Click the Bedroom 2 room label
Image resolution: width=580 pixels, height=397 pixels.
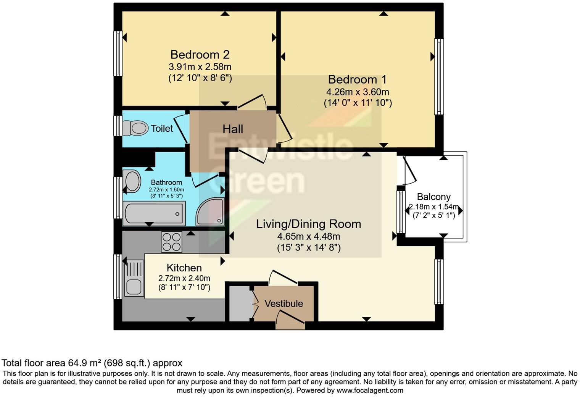pos(200,55)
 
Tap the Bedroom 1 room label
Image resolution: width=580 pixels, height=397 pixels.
pos(357,79)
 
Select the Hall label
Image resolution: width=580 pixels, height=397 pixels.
pos(233,129)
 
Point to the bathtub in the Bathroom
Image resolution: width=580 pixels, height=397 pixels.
pos(154,214)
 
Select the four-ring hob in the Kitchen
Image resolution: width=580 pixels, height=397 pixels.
pos(171,242)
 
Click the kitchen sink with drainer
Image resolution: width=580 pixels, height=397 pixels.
pos(134,278)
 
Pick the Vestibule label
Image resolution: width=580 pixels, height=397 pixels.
pos(284,303)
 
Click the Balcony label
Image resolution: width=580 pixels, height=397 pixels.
pos(433,197)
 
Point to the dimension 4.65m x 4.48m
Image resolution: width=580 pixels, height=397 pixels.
pos(309,236)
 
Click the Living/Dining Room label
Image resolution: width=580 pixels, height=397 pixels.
pos(308,224)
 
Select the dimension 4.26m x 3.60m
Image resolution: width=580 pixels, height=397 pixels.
pos(358,92)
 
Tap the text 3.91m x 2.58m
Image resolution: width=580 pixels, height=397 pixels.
pos(200,67)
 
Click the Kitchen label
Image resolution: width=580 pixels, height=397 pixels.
pos(184,268)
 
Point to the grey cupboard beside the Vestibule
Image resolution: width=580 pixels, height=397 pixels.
pos(239,303)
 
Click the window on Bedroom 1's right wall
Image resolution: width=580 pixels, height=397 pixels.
pos(439,76)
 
